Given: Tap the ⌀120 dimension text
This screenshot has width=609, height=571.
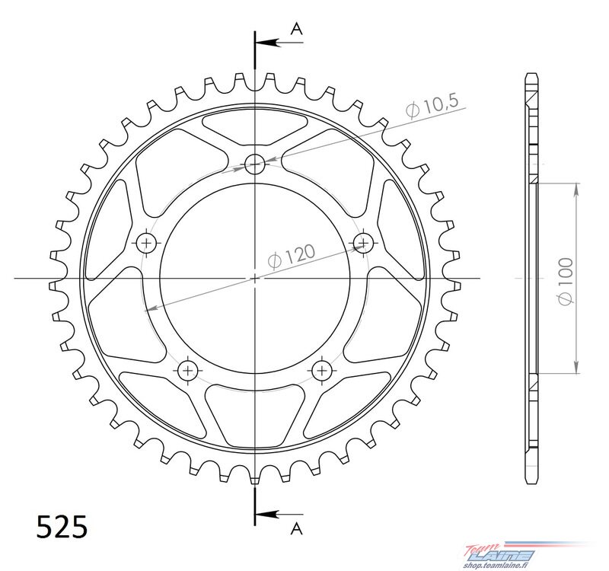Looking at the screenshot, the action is click(x=292, y=257).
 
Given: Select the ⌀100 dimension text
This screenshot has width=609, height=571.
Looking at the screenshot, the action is click(x=565, y=281).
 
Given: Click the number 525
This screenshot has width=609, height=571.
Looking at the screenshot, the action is click(x=62, y=527).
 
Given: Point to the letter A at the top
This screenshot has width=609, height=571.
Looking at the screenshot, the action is click(x=297, y=28).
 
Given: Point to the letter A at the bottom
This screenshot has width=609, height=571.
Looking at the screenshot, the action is click(x=296, y=528).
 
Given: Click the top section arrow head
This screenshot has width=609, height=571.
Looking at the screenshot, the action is click(x=268, y=43).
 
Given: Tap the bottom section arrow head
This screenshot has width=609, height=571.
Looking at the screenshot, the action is click(x=268, y=515).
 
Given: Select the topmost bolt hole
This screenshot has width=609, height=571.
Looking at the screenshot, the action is click(x=255, y=164).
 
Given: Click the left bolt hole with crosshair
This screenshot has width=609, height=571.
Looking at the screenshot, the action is click(x=147, y=243).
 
